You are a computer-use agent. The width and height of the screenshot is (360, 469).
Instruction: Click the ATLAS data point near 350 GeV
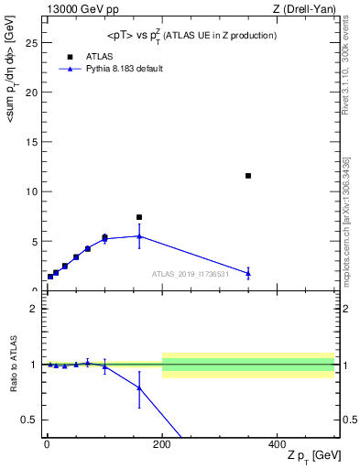coord(248,175)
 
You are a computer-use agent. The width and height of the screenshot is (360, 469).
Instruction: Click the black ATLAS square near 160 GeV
coord(139,217)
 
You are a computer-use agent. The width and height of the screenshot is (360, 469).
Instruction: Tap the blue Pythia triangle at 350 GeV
coord(248,273)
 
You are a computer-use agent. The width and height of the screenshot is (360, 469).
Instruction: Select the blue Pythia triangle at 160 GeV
coord(139,236)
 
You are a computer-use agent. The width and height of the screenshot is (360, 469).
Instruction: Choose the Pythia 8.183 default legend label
coord(125,69)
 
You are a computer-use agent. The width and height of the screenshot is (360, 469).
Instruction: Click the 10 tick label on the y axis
coord(33,191)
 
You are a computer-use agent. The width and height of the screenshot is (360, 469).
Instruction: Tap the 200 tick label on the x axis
coord(162,443)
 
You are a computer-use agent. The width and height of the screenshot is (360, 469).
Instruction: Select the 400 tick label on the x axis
coord(278,443)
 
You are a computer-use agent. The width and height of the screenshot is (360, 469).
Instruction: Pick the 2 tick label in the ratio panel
coord(35,309)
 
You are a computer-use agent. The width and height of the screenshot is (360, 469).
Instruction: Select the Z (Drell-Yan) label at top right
coord(304,8)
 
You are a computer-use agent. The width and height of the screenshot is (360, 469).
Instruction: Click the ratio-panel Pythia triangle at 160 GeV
coord(139,387)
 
